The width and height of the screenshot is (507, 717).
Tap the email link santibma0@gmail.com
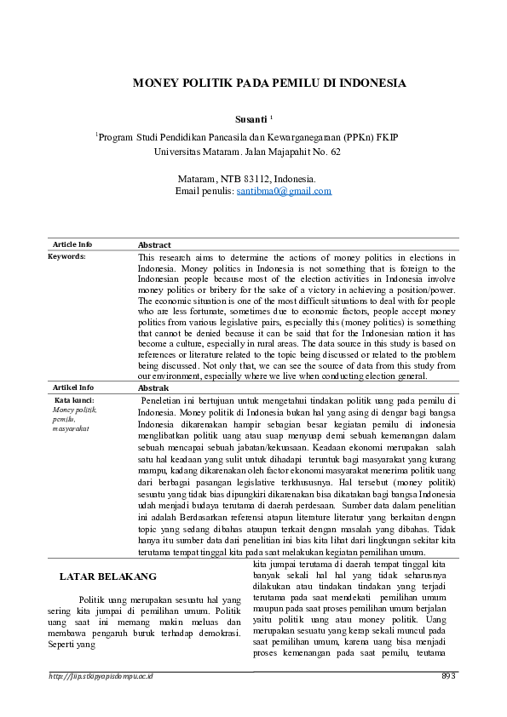click(x=284, y=192)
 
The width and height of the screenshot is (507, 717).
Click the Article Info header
click(x=73, y=244)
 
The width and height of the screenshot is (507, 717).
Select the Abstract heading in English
click(x=154, y=245)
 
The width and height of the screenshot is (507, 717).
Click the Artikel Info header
click(x=73, y=387)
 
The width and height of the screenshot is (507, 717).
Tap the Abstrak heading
click(x=153, y=388)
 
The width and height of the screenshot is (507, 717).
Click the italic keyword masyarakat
click(x=70, y=428)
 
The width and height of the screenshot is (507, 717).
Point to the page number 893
click(x=450, y=676)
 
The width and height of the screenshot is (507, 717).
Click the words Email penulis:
click(x=204, y=192)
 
